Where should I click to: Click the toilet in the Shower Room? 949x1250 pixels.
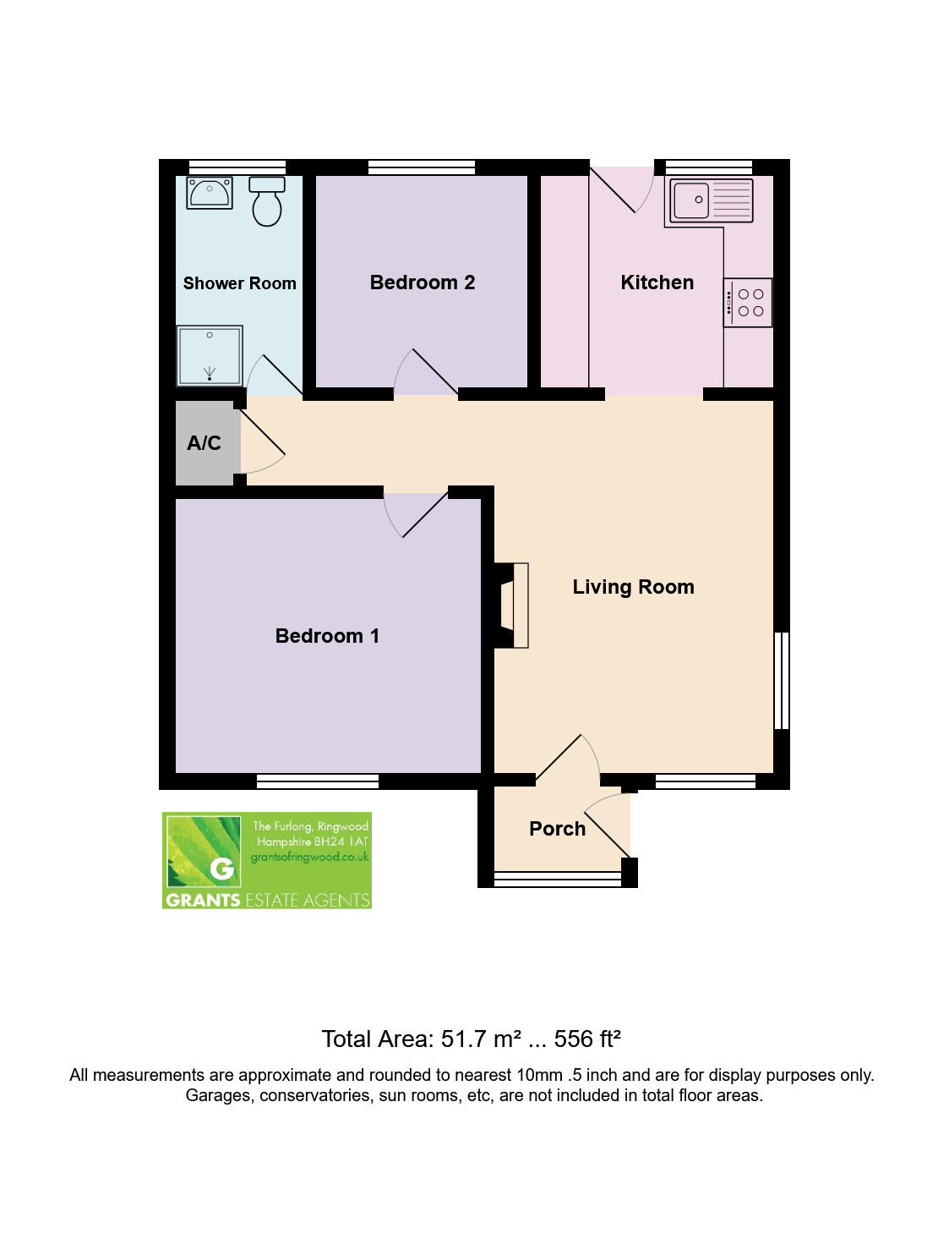(267, 201)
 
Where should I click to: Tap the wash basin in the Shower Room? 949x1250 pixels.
(210, 193)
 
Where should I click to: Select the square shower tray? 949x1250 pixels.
(210, 355)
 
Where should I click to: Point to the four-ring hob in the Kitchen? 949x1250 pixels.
(748, 303)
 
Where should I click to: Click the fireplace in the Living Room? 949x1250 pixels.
(512, 606)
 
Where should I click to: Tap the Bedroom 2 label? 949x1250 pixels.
(423, 282)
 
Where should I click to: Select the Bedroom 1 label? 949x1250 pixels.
(327, 635)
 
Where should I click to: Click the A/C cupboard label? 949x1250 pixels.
(204, 442)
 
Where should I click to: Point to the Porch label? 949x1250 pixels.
(558, 829)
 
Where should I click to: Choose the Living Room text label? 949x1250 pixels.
(633, 587)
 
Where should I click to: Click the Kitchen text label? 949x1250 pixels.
(657, 282)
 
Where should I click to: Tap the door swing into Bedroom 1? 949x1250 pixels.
(415, 515)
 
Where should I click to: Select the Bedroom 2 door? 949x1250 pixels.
(426, 372)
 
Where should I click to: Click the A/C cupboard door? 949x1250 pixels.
(263, 442)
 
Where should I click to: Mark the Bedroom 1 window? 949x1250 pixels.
(318, 781)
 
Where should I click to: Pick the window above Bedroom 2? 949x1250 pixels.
(422, 167)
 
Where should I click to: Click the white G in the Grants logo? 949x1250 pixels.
(221, 869)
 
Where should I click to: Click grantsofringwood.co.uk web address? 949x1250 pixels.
(309, 857)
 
